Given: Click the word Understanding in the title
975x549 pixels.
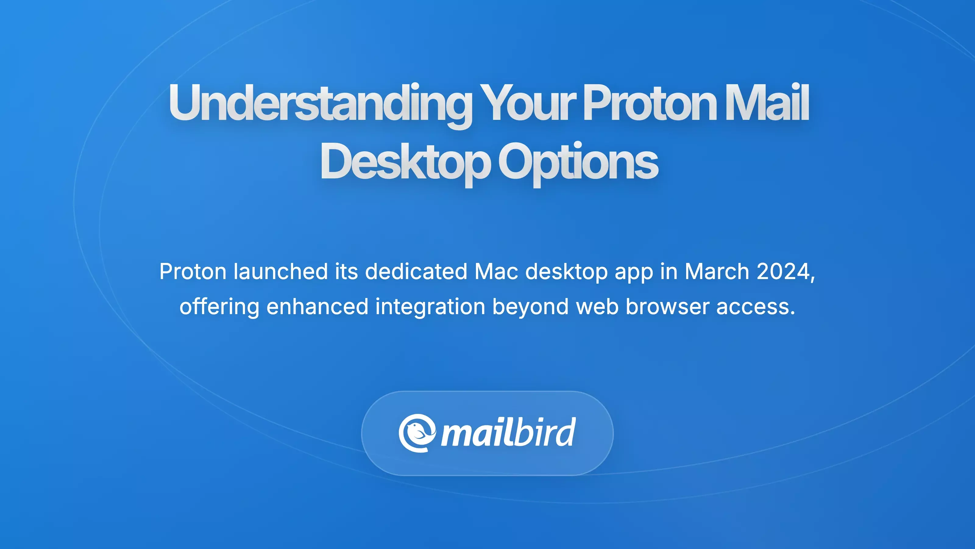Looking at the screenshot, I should [320, 103].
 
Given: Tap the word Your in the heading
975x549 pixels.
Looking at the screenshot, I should [528, 103].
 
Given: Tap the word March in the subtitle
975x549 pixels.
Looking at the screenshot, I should [717, 272].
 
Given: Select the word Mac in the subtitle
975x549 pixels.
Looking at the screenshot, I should [496, 272].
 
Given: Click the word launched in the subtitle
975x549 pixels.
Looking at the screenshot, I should [280, 272].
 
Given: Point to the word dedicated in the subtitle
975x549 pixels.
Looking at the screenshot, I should [416, 272].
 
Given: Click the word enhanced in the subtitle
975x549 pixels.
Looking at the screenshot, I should [317, 307].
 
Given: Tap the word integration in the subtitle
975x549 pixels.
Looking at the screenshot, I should [430, 307].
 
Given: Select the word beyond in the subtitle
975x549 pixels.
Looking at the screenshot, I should [530, 307].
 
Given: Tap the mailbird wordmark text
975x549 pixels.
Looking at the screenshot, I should [508, 433].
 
